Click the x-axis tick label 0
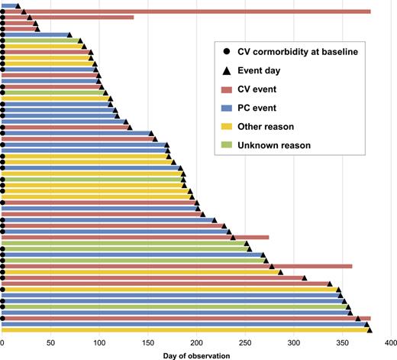[x=3, y=343]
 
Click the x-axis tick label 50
[x=51, y=343]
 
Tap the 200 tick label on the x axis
[x=197, y=343]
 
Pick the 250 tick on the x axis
[x=246, y=343]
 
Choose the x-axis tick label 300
[x=295, y=343]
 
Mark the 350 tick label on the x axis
[x=344, y=343]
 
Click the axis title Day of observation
[x=197, y=355]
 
